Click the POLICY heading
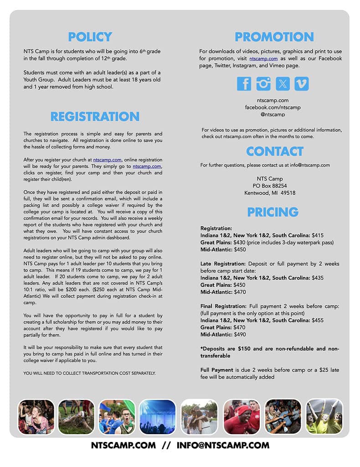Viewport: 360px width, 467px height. pos(90,37)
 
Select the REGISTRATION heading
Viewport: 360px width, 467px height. pos(95,116)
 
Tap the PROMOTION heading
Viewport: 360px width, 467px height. pos(274,37)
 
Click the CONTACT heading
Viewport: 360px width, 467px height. pos(274,151)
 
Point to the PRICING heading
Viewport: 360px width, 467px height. pos(273,212)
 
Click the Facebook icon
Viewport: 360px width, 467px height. pos(244,84)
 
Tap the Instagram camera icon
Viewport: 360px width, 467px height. pos(263,84)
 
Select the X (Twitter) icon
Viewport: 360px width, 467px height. pos(283,84)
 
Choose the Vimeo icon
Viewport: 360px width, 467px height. pos(302,84)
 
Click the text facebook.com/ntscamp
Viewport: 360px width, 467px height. pos(273,107)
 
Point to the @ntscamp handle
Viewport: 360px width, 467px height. pos(273,114)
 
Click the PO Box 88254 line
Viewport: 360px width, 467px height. pos(270,186)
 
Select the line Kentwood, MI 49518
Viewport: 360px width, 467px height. pos(270,193)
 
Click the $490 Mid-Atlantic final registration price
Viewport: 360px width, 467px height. pos(239,334)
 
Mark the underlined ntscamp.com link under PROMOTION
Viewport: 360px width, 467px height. pos(263,59)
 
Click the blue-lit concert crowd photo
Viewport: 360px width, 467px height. pos(157,416)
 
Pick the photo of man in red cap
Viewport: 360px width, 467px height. pos(241,416)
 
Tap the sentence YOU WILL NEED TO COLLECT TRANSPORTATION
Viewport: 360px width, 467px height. pos(90,373)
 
